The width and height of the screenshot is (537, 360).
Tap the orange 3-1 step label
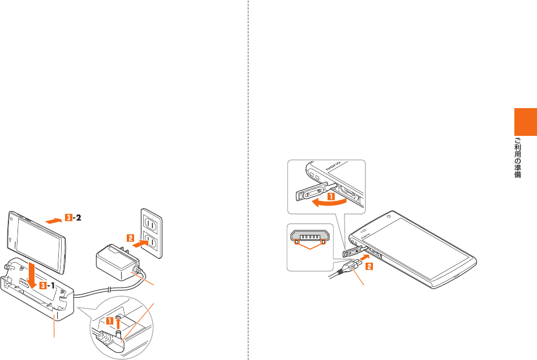click(x=49, y=285)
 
